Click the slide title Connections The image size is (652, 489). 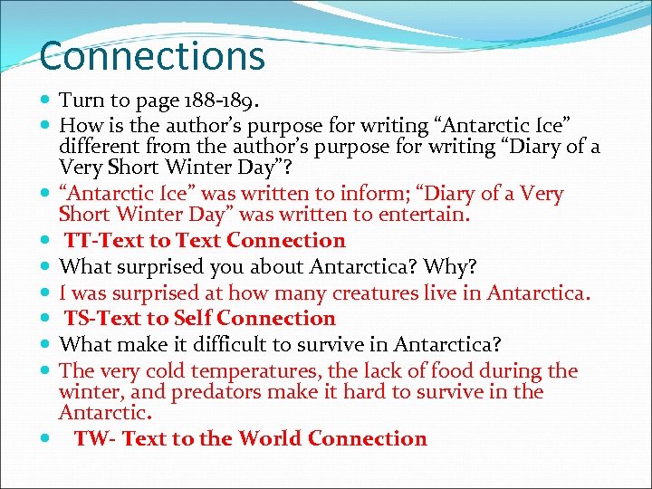(x=152, y=55)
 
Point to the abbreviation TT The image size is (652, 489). (x=78, y=241)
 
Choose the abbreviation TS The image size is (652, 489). (x=78, y=319)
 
